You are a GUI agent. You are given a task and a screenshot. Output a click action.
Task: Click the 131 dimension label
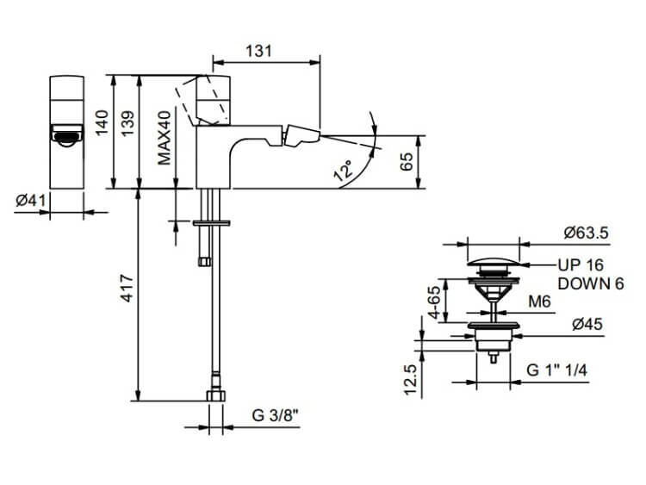pyautogui.click(x=259, y=51)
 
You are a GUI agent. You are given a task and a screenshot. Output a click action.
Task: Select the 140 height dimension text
pyautogui.click(x=102, y=122)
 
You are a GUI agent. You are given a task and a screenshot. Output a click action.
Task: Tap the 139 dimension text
pyautogui.click(x=127, y=123)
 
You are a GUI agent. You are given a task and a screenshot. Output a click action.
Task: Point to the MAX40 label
pyautogui.click(x=165, y=138)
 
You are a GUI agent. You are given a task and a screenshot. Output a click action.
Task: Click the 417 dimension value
pyautogui.click(x=127, y=288)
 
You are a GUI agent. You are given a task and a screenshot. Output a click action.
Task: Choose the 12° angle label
pyautogui.click(x=344, y=171)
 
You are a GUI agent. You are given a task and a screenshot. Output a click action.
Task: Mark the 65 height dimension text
pyautogui.click(x=407, y=161)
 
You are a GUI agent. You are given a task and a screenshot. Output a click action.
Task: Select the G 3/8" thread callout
pyautogui.click(x=275, y=415)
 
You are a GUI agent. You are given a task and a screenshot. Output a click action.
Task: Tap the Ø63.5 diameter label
pyautogui.click(x=587, y=233)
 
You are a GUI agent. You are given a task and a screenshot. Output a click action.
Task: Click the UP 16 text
pyautogui.click(x=581, y=265)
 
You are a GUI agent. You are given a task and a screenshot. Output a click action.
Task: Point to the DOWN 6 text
pyautogui.click(x=591, y=283)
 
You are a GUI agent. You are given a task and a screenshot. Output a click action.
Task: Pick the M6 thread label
pyautogui.click(x=540, y=302)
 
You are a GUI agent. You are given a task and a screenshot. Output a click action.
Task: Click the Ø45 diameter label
pyautogui.click(x=587, y=324)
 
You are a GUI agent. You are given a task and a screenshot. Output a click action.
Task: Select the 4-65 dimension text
pyautogui.click(x=435, y=302)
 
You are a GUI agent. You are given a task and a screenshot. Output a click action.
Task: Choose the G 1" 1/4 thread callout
pyautogui.click(x=556, y=370)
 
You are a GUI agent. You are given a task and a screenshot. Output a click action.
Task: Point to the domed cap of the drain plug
pyautogui.click(x=494, y=262)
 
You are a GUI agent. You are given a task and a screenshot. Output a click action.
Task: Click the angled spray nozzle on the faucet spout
pyautogui.click(x=303, y=135)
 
